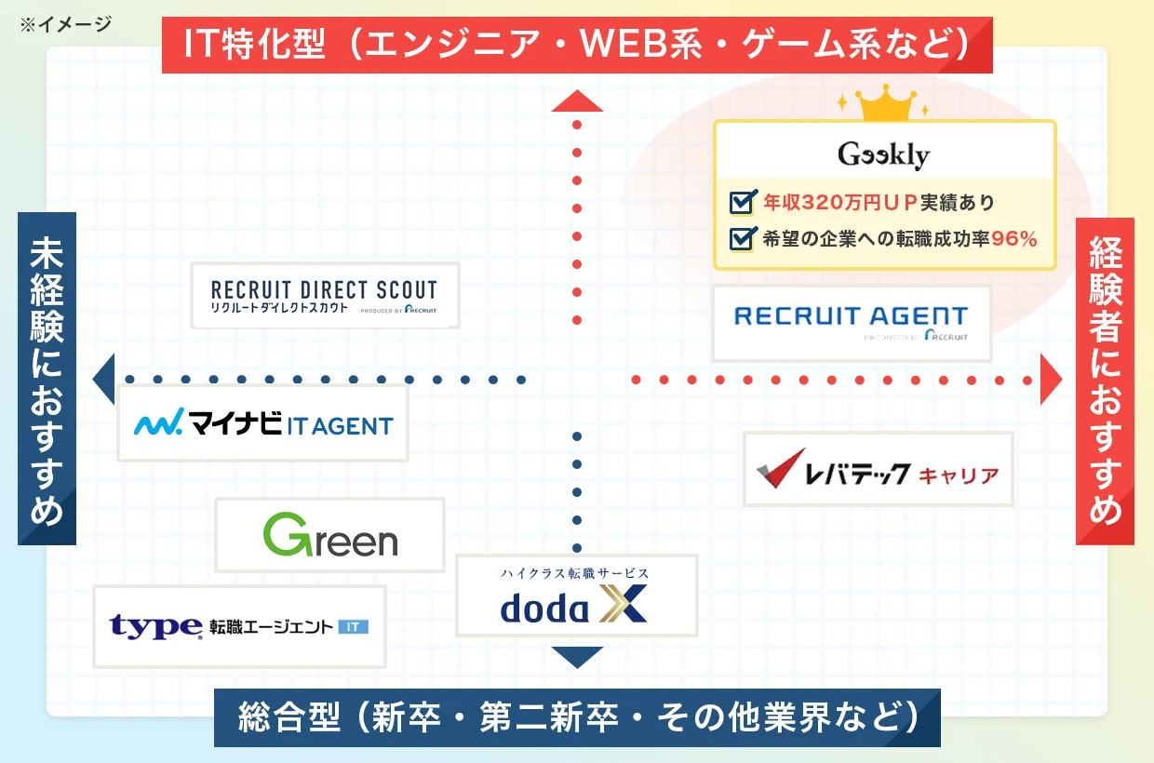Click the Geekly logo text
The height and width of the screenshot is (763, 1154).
883,154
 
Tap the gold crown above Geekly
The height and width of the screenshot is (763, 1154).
884,105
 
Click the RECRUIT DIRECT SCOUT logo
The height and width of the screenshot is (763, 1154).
324,296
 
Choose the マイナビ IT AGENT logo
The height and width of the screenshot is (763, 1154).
262,424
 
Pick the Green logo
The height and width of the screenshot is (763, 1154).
329,535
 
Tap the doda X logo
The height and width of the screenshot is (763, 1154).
575,600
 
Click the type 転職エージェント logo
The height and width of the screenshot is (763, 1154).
239,626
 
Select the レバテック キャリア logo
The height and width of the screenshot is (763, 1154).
878,469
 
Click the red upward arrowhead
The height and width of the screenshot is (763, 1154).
577,100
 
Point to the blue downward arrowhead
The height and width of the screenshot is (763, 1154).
577,657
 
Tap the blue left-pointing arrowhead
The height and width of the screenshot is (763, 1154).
103,379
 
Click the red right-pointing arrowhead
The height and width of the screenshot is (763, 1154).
1051,379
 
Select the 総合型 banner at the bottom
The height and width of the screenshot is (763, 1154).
577,717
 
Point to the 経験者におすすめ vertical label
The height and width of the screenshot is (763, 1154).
1105,380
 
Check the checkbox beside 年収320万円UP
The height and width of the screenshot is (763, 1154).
742,202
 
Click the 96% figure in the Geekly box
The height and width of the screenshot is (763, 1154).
1013,238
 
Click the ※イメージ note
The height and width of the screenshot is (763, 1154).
65,23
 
